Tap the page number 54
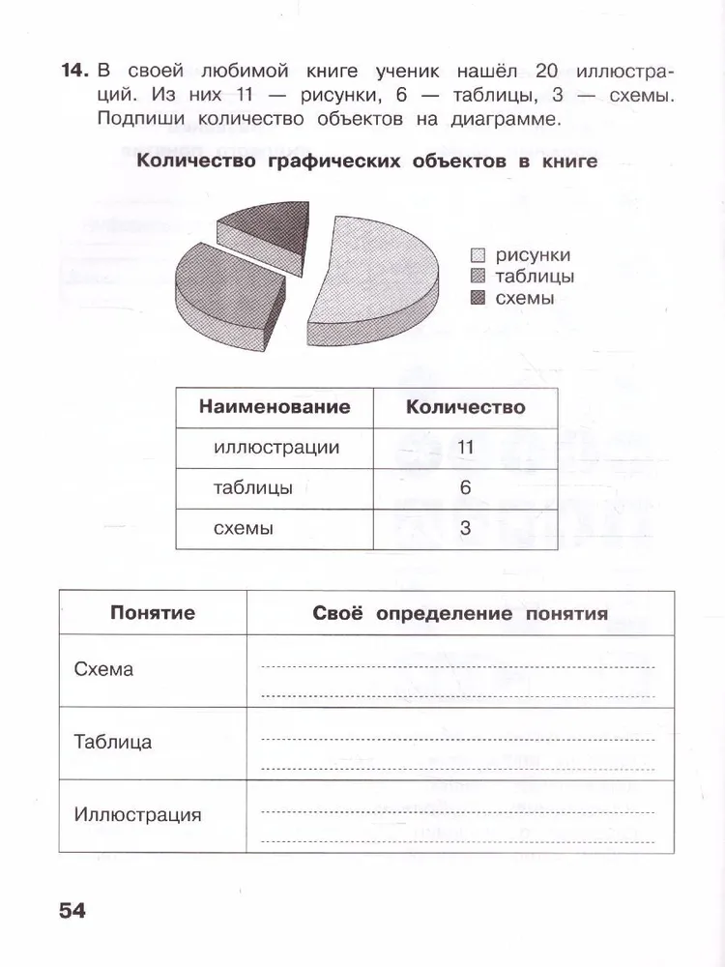tap(72, 910)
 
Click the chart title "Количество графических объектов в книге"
tap(367, 161)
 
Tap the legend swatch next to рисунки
tap(478, 256)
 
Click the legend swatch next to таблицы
tap(478, 278)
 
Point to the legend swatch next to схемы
tap(478, 299)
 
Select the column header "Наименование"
tap(275, 407)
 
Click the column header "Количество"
tap(466, 407)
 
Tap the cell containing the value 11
tap(465, 448)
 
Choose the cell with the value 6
tap(465, 488)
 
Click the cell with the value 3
tap(465, 529)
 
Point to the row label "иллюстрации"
tap(276, 448)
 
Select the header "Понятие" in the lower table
tap(153, 613)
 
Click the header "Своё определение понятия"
tap(460, 613)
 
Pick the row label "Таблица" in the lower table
tap(112, 743)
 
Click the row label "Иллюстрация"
tap(137, 815)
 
